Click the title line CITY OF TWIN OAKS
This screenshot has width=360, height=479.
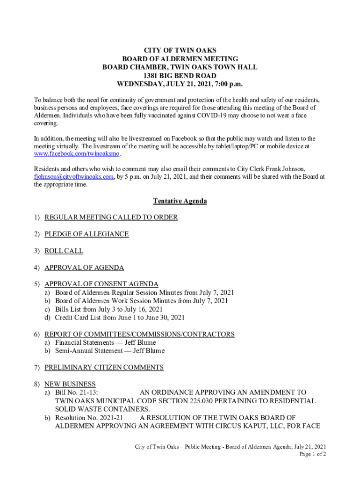click(180, 51)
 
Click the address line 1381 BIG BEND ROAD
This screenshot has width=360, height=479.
click(180, 76)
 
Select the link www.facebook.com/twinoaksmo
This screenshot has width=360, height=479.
click(77, 154)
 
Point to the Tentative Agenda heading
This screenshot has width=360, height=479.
click(180, 201)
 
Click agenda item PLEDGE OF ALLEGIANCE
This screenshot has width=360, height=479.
click(86, 234)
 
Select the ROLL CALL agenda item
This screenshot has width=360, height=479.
click(64, 251)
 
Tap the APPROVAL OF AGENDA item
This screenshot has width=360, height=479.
click(84, 268)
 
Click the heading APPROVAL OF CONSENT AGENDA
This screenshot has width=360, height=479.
click(101, 284)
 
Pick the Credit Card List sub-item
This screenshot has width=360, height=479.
click(120, 317)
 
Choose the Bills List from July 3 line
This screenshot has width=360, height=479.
click(109, 309)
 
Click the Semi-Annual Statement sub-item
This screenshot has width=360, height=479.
click(110, 350)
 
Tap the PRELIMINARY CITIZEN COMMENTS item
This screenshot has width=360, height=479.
click(104, 367)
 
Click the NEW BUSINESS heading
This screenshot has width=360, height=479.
click(70, 384)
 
